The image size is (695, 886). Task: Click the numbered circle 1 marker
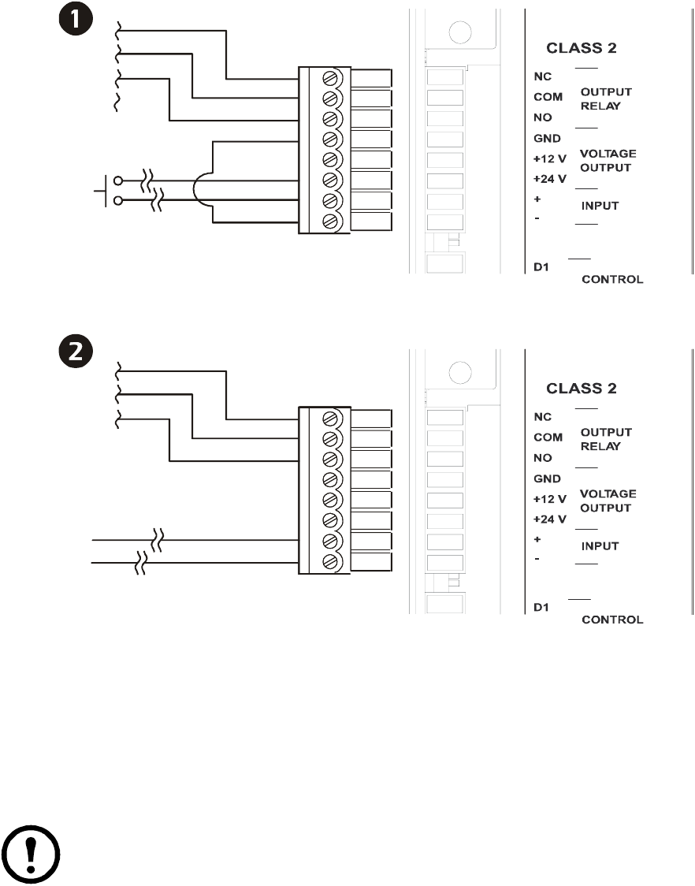[75, 19]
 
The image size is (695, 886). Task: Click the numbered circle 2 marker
[75, 351]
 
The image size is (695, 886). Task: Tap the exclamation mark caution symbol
[31, 854]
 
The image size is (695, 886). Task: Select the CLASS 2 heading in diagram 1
[582, 48]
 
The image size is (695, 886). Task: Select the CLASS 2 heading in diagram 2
[582, 388]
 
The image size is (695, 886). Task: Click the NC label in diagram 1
[542, 76]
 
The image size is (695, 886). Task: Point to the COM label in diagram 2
[548, 437]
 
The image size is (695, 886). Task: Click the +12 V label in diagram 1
[549, 158]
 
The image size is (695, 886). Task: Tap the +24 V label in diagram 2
[549, 519]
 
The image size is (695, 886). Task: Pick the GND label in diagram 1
[547, 139]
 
